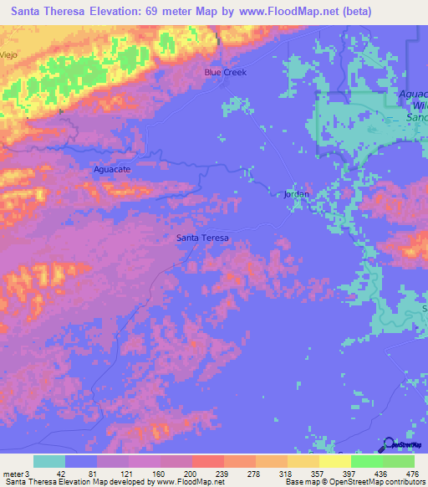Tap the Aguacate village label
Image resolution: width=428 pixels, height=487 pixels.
click(x=111, y=168)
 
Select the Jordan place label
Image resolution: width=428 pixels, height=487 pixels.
click(x=297, y=194)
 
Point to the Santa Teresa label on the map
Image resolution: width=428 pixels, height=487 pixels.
click(x=202, y=238)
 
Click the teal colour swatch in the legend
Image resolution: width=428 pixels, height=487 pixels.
click(x=48, y=462)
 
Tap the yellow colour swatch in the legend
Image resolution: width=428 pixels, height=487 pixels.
click(x=334, y=462)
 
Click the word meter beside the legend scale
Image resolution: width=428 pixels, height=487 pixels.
click(x=12, y=474)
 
